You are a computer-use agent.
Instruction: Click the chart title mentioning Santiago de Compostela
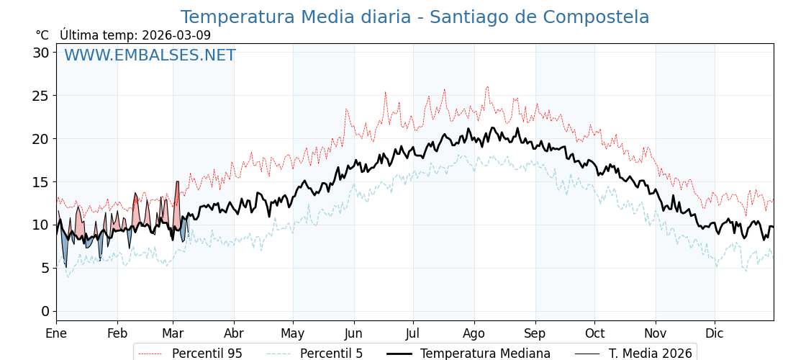pos(415,17)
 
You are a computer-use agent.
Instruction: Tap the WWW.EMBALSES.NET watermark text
pos(150,55)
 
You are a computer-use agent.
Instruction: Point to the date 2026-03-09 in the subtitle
pos(176,35)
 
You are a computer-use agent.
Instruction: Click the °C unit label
pos(42,35)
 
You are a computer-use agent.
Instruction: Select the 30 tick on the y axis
pos(41,53)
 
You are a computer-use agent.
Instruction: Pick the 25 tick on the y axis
pos(41,96)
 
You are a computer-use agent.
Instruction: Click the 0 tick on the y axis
pos(45,311)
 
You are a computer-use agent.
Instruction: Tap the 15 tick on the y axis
pos(41,182)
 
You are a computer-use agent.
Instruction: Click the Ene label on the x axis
pos(56,333)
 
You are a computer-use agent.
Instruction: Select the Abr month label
pos(234,333)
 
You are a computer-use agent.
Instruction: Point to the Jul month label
pos(413,333)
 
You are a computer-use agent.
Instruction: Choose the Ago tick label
pos(474,333)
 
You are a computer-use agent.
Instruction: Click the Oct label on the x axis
pos(594,333)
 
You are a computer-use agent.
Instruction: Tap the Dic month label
pos(715,333)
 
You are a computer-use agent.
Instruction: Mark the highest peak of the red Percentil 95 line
pos(487,87)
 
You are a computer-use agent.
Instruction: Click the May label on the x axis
pos(293,333)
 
